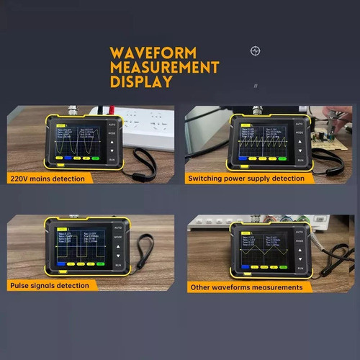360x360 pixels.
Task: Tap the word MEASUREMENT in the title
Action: tap(164, 68)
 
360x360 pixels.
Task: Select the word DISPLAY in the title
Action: tap(141, 81)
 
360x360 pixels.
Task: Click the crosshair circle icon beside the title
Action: tap(255, 50)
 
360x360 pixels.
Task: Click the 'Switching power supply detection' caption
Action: tap(246, 178)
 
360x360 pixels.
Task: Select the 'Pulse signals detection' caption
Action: tap(50, 285)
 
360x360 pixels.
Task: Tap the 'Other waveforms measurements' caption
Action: tap(246, 287)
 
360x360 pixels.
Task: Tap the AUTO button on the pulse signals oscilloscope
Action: tap(118, 228)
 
